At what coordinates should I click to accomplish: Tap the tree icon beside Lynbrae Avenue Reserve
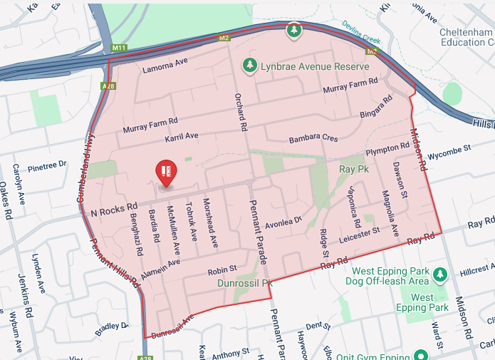pos(249,66)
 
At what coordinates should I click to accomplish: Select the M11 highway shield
pos(119,48)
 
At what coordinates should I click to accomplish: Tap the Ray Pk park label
pos(352,170)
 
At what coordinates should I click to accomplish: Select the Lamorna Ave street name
pos(165,65)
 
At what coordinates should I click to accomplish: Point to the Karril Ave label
pos(182,135)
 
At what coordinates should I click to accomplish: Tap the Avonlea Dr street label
pos(283,224)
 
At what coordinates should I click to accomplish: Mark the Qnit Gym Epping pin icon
pos(421,354)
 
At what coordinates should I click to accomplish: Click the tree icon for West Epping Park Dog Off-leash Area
pos(440,274)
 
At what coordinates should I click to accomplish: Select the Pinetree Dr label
pos(46,167)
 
